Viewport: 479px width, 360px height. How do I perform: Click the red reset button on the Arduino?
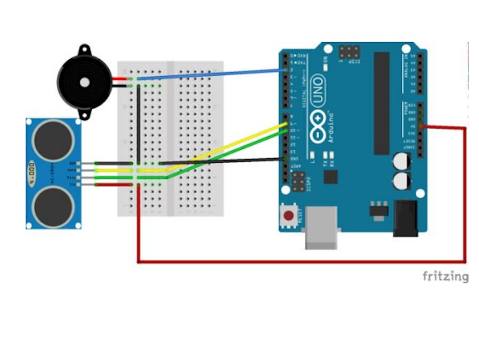pyautogui.click(x=288, y=216)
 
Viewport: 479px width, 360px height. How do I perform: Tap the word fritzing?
pyautogui.click(x=445, y=276)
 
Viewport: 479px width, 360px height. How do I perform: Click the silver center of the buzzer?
pyautogui.click(x=84, y=82)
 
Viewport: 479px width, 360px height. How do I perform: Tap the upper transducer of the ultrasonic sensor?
pyautogui.click(x=52, y=140)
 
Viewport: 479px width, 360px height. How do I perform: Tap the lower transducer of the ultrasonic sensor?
pyautogui.click(x=52, y=205)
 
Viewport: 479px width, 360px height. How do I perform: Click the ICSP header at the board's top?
pyautogui.click(x=348, y=52)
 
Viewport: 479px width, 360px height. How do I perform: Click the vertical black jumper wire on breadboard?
pyautogui.click(x=139, y=123)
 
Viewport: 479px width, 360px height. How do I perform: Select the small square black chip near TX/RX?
pyautogui.click(x=330, y=177)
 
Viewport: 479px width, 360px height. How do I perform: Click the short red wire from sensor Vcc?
pyautogui.click(x=113, y=185)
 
